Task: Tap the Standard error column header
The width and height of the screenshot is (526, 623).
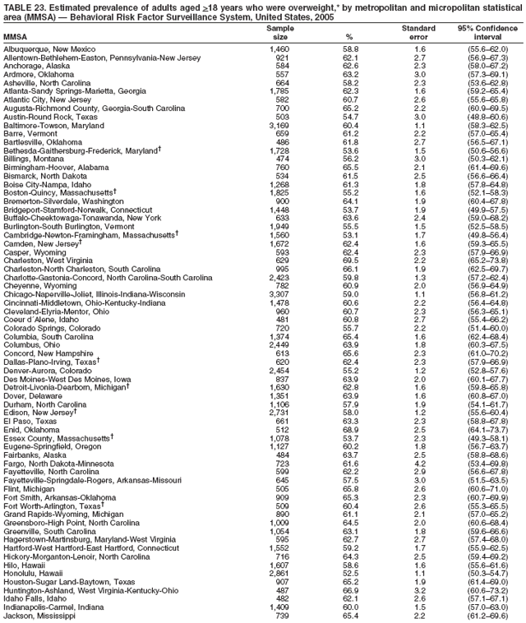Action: [418, 32]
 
